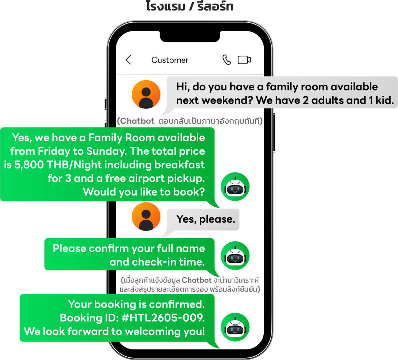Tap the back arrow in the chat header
(128, 60)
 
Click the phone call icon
(226, 60)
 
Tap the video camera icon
(244, 60)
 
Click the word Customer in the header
(170, 60)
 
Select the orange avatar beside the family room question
(146, 94)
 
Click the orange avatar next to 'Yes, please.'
(146, 217)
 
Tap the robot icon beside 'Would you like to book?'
(235, 187)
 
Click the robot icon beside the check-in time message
(235, 256)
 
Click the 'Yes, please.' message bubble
(206, 219)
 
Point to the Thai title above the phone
(190, 6)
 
